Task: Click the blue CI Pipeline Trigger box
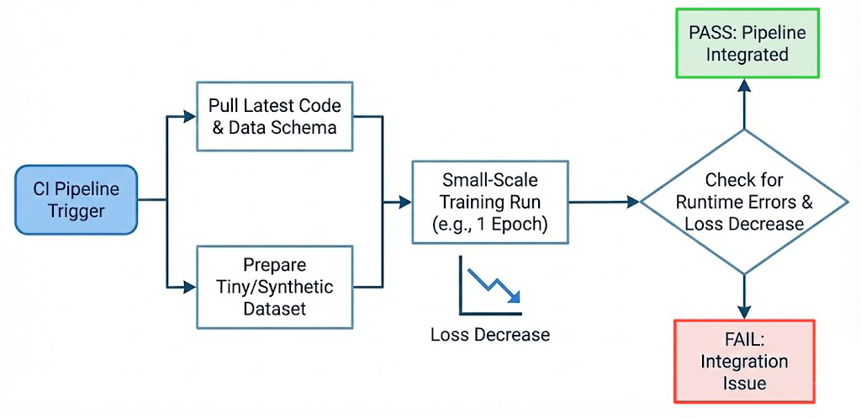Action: point(76,199)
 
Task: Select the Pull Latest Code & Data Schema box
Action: point(273,117)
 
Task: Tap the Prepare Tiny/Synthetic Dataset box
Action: point(275,286)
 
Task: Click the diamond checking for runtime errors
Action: point(743,202)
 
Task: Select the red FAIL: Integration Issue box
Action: point(745,361)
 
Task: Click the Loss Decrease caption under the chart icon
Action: point(490,334)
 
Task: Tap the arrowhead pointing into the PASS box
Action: point(744,85)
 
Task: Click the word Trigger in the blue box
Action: point(76,210)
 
